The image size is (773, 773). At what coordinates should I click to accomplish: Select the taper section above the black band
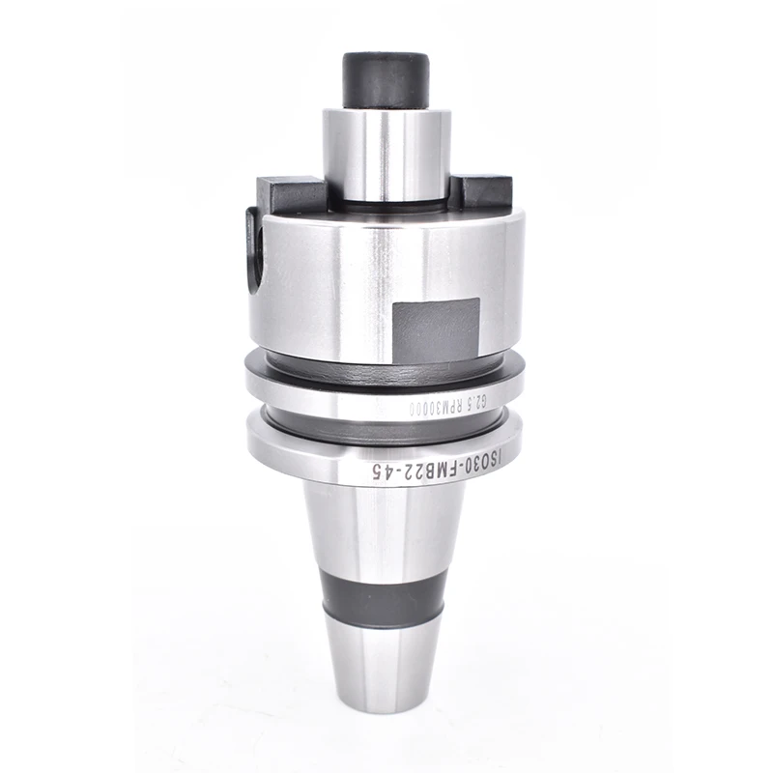point(383,527)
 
